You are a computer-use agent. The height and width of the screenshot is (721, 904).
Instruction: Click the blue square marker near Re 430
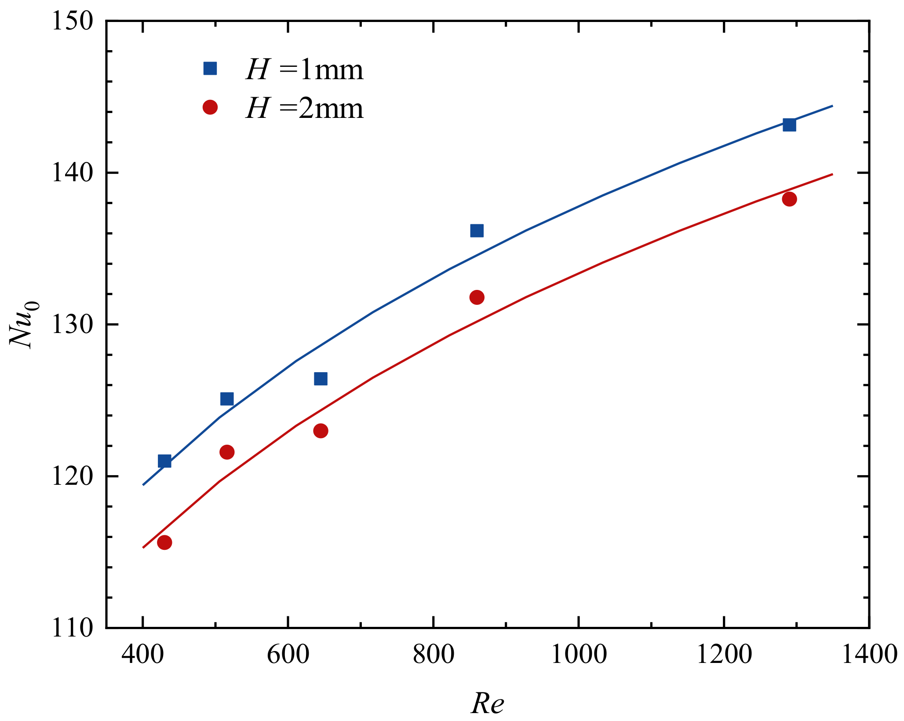point(164,461)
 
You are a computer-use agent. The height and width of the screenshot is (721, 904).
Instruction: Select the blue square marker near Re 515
point(226,399)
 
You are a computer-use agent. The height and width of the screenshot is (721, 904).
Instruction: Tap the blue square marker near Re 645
point(321,378)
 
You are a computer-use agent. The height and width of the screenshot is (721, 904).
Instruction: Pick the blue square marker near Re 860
point(477,231)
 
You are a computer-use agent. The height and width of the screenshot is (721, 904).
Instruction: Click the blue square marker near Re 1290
point(789,125)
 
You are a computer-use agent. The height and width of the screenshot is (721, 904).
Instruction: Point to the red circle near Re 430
point(164,542)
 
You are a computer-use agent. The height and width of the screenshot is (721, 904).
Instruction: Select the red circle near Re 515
point(226,452)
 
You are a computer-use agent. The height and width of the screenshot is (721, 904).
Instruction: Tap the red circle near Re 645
point(321,431)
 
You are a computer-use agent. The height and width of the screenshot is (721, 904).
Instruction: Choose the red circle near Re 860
point(477,297)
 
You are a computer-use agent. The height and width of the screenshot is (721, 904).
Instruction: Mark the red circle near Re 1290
point(789,199)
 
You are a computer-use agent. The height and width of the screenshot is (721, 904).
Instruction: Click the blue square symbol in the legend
point(210,69)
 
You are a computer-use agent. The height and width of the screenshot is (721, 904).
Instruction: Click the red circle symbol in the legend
point(210,107)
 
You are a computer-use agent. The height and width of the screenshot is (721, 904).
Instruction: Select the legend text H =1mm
point(305,70)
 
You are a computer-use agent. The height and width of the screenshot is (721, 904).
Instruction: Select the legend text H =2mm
point(305,108)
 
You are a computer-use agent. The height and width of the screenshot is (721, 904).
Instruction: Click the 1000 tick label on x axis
point(578,654)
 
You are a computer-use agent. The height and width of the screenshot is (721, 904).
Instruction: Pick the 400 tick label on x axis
point(143,654)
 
